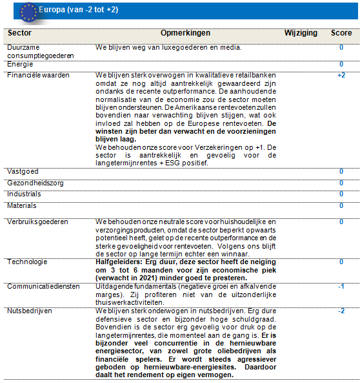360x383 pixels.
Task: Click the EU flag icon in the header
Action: click(28, 10)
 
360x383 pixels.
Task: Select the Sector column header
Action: click(19, 33)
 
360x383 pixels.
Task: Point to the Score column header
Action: click(341, 33)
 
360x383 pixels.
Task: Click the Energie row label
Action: click(20, 64)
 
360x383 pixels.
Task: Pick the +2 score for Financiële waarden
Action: click(341, 76)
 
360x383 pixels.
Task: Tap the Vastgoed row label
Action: click(23, 171)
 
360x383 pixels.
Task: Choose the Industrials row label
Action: click(25, 194)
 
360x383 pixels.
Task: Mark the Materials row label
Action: click(23, 205)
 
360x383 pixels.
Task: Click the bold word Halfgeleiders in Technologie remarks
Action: click(116, 262)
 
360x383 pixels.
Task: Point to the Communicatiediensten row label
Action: click(41, 285)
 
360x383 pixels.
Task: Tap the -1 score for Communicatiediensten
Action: click(341, 285)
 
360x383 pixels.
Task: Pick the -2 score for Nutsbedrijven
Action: click(341, 311)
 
